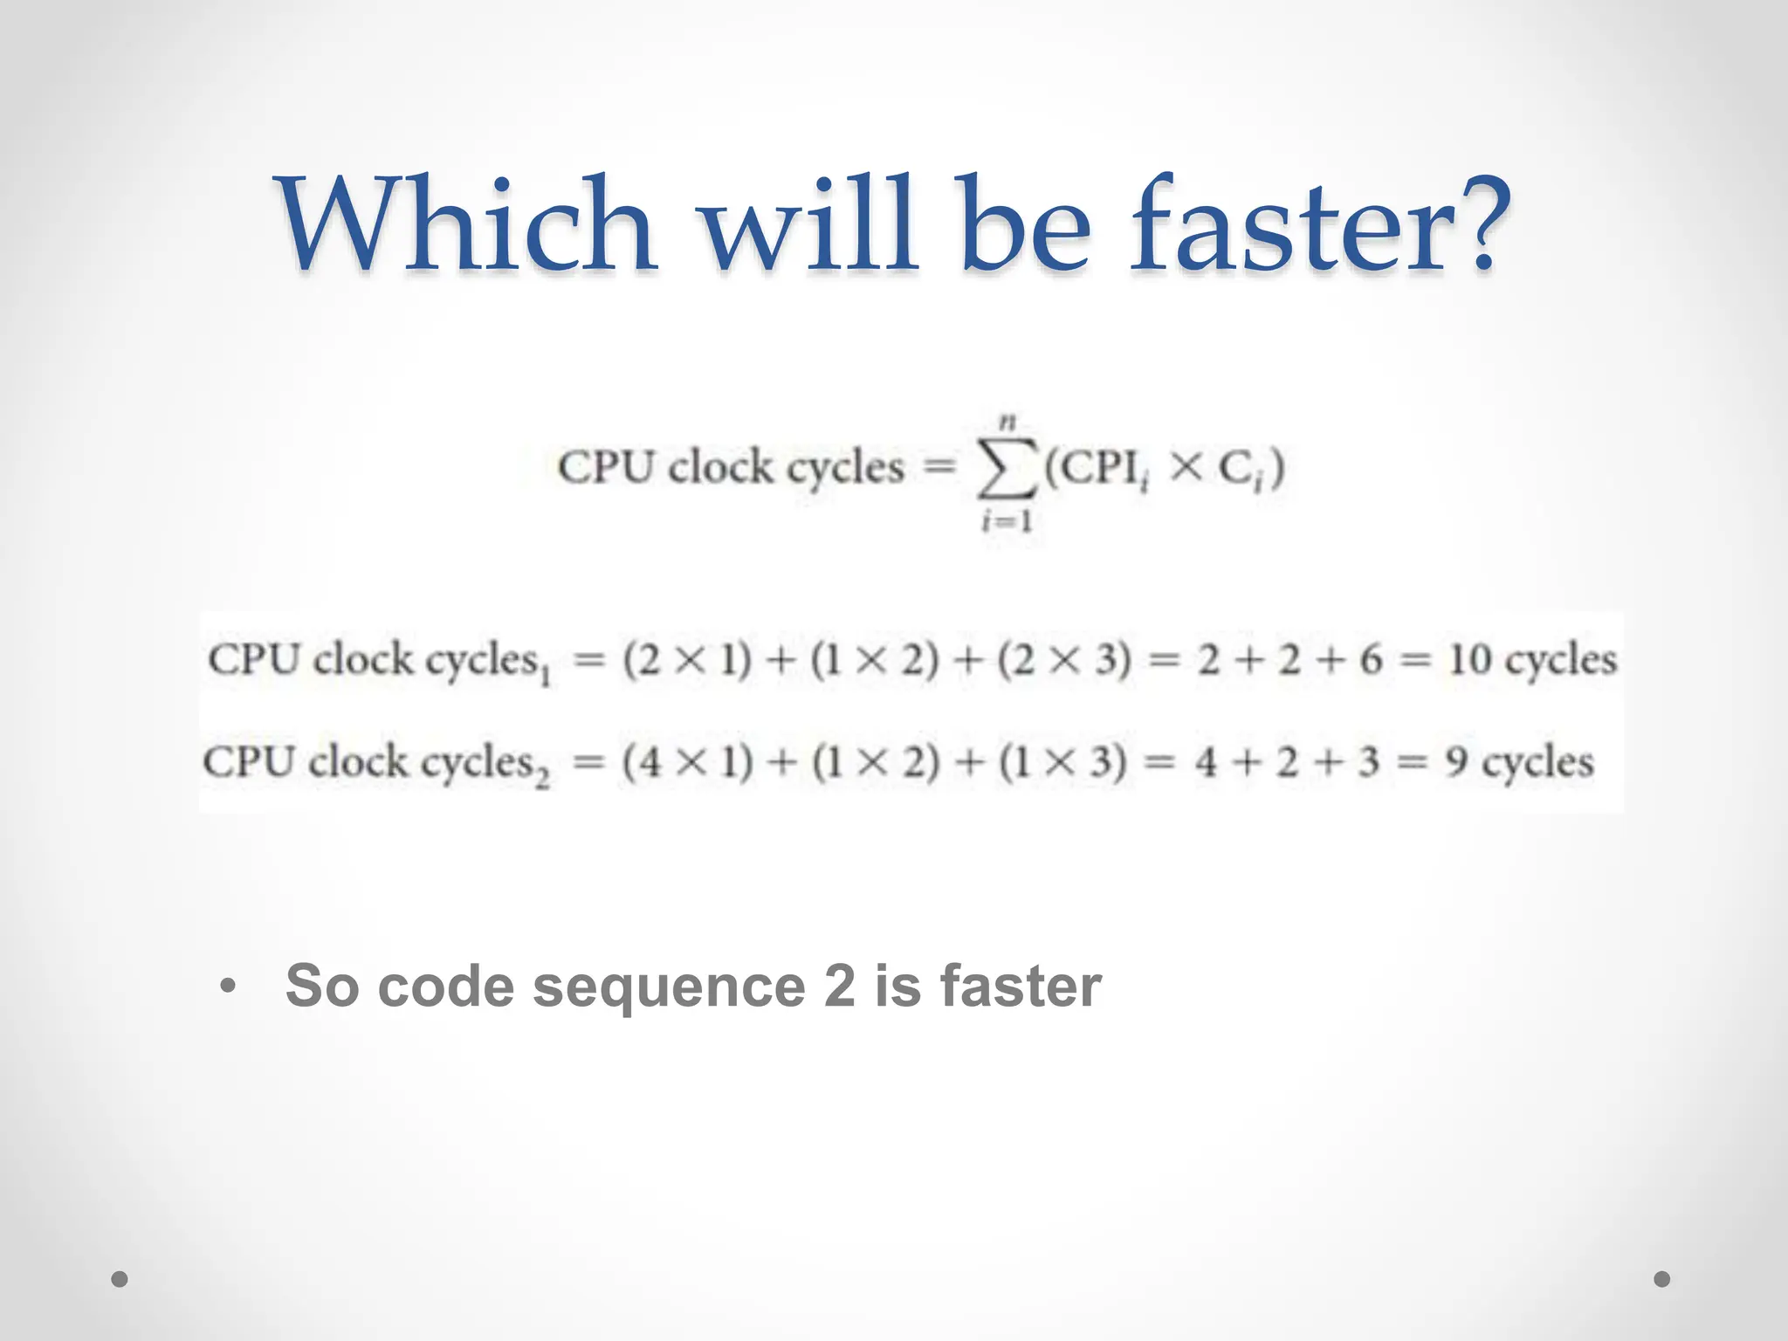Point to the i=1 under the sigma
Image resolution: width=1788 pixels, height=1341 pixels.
coord(1007,522)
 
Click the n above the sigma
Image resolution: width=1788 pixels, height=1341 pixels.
coord(1008,423)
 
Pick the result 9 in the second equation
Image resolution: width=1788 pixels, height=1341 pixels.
coord(1455,762)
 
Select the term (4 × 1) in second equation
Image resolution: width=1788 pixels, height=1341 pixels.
coord(687,763)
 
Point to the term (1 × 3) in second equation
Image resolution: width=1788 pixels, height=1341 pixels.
coord(1062,763)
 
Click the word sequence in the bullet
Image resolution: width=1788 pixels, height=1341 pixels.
coord(669,987)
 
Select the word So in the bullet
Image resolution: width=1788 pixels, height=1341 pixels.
coord(322,987)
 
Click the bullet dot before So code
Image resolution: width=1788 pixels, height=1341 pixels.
coord(228,987)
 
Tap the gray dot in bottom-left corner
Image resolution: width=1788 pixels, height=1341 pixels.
coord(120,1279)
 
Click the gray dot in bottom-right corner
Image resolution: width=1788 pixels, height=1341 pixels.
coord(1662,1279)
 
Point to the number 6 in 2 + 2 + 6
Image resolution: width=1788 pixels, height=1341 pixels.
coord(1370,659)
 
